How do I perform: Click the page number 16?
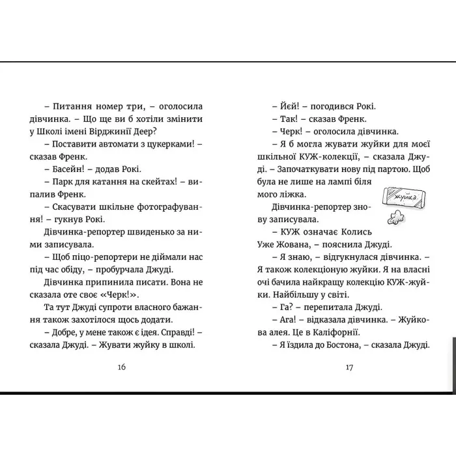121,367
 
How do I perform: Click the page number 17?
349,367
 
